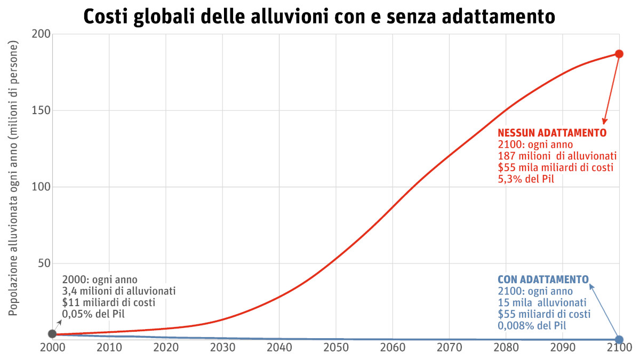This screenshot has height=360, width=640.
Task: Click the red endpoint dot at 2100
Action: (619, 54)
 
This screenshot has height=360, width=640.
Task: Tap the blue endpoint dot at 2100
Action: (619, 339)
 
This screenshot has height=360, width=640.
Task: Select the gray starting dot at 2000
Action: (52, 334)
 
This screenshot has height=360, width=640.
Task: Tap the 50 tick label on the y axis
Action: (44, 263)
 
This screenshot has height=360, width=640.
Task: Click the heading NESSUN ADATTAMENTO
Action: (552, 133)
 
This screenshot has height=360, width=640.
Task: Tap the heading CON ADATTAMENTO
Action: (543, 279)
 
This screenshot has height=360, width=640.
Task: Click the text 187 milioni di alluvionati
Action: (557, 156)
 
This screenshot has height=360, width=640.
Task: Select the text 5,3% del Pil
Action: (526, 179)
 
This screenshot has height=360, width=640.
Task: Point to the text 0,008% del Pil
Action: (532, 325)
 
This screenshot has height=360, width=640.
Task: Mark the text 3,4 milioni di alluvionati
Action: (119, 291)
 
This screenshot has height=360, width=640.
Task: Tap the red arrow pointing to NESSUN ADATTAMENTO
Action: (611, 91)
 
